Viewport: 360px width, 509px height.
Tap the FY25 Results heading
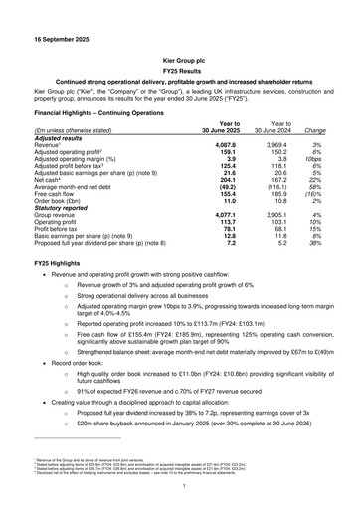179,72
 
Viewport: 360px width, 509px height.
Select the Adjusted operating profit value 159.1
223,152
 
